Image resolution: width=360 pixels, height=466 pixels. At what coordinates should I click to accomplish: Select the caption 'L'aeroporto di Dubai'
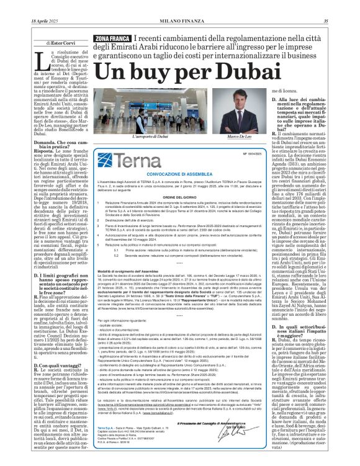point(151,136)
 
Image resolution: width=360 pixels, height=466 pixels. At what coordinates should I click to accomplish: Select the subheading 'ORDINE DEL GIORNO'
point(180,198)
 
